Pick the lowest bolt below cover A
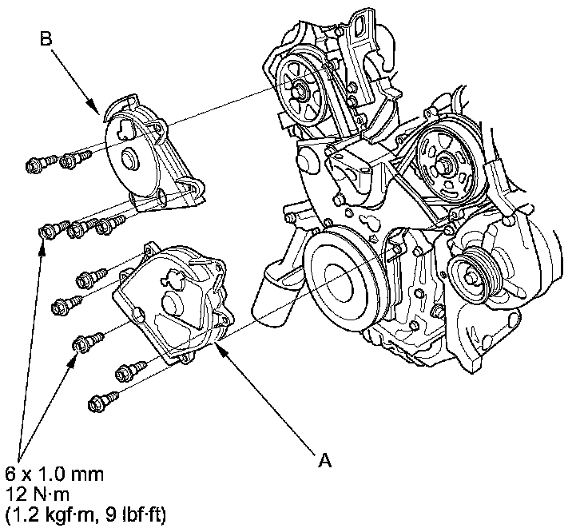(x=105, y=397)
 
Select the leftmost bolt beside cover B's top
(x=35, y=165)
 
